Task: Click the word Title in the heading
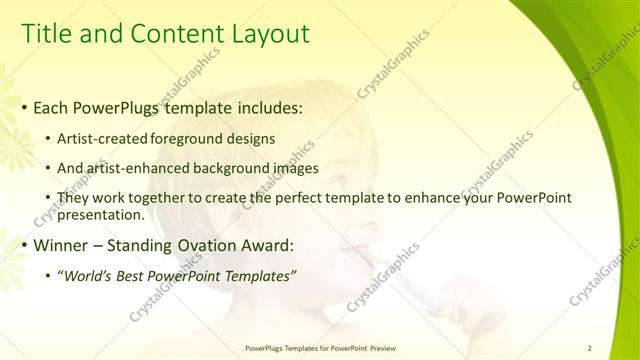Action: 47,34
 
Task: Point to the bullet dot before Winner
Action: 24,246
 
